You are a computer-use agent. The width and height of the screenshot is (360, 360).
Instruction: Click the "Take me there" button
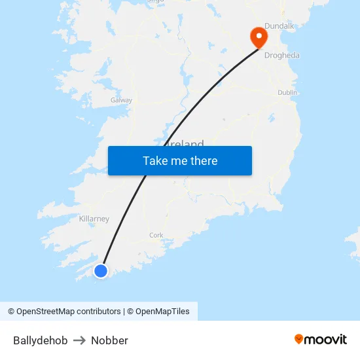(180, 161)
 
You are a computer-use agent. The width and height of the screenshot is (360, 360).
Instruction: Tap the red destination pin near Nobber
(259, 37)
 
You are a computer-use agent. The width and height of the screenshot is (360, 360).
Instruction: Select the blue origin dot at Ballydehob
(100, 270)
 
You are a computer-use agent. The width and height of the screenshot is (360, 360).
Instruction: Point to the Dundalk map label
(279, 26)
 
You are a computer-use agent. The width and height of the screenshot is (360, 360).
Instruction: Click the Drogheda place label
(281, 56)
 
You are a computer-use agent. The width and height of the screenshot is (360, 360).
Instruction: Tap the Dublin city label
(287, 93)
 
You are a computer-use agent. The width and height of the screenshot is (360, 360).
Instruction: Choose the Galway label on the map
(121, 101)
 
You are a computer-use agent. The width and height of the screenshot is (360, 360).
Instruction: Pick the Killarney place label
(94, 219)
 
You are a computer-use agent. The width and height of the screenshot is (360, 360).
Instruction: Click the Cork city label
(156, 236)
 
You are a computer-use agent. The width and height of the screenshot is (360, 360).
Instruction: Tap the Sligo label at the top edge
(155, 2)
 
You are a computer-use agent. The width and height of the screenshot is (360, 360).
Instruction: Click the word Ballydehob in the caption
(40, 340)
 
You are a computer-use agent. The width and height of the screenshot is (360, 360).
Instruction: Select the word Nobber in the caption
(109, 340)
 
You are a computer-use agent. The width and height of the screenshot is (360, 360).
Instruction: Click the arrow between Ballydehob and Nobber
(79, 340)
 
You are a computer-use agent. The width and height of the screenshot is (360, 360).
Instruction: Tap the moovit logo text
(326, 340)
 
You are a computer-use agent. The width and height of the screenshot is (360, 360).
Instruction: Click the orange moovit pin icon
(299, 339)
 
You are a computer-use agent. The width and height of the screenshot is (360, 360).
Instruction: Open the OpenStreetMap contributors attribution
(64, 312)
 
